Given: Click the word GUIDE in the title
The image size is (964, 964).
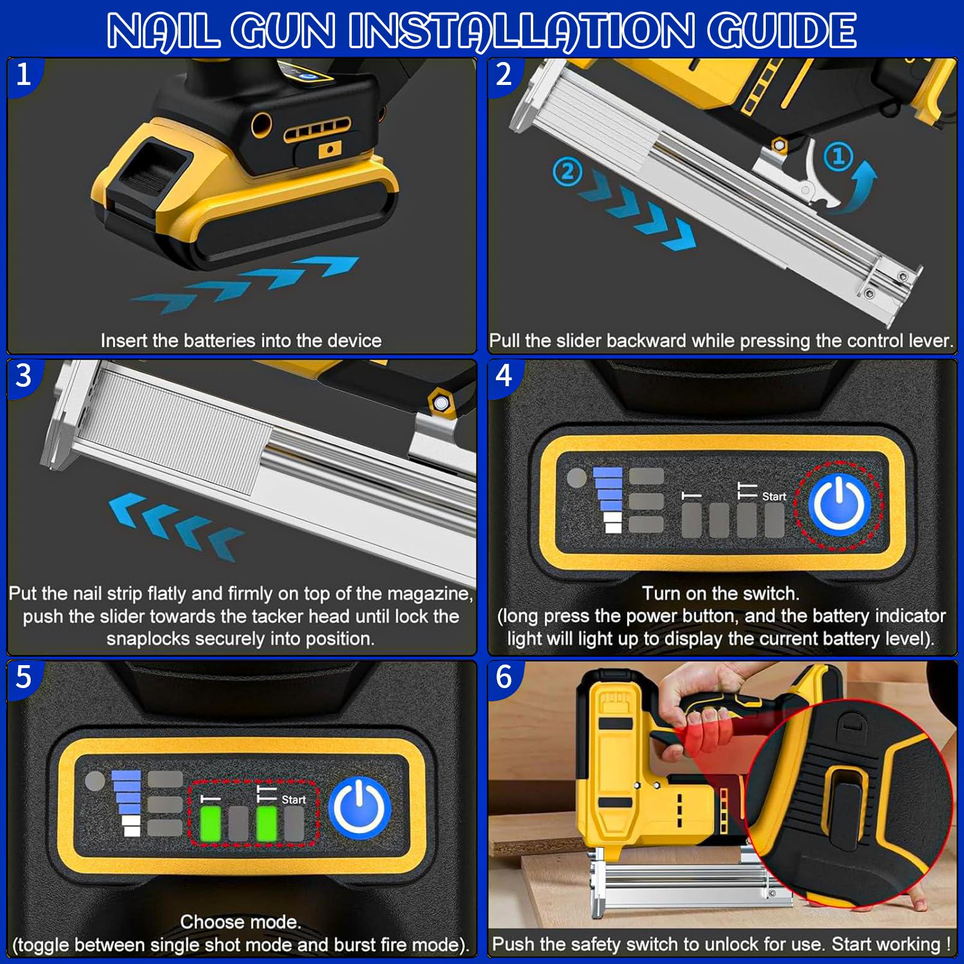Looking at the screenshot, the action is (781, 30).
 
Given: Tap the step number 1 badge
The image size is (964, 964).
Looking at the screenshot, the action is (23, 75).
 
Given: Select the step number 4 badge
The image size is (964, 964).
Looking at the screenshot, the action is (504, 375).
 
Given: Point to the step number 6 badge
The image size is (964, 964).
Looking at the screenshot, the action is (504, 677).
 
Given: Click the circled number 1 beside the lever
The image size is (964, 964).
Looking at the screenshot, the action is (837, 157).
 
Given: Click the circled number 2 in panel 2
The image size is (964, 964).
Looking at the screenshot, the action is (567, 172).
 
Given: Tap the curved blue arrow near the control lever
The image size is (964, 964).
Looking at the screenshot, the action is (856, 186).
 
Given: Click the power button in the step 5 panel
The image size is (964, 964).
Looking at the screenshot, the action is (360, 808).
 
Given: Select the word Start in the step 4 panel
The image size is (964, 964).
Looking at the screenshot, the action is (774, 496).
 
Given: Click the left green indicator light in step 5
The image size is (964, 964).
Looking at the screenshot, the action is (210, 824).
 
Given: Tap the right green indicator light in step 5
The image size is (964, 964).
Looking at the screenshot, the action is (266, 824).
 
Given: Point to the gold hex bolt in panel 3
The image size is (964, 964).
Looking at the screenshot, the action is (441, 402).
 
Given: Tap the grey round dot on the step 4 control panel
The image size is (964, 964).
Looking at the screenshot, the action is (577, 478).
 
